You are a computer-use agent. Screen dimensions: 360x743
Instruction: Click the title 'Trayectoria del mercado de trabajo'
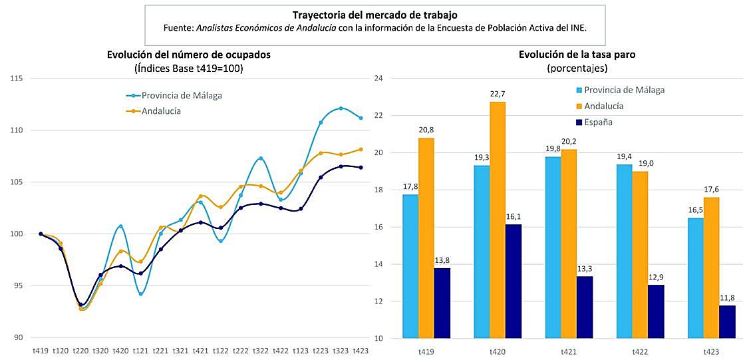pyautogui.click(x=374, y=15)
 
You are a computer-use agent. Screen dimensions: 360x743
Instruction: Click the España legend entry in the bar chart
pyautogui.click(x=605, y=122)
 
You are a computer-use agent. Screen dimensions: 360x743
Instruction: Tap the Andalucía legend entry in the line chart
pyautogui.click(x=161, y=111)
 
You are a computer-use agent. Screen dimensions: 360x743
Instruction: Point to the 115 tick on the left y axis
pyautogui.click(x=16, y=79)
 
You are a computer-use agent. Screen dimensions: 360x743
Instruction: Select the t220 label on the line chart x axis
pyautogui.click(x=80, y=350)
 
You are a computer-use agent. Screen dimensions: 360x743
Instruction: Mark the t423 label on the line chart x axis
pyautogui.click(x=361, y=350)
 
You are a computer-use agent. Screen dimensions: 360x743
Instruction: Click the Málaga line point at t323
pyautogui.click(x=341, y=108)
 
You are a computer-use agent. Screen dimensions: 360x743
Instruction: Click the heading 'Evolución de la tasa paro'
pyautogui.click(x=577, y=55)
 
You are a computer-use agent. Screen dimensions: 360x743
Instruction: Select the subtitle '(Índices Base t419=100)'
pyautogui.click(x=189, y=68)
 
